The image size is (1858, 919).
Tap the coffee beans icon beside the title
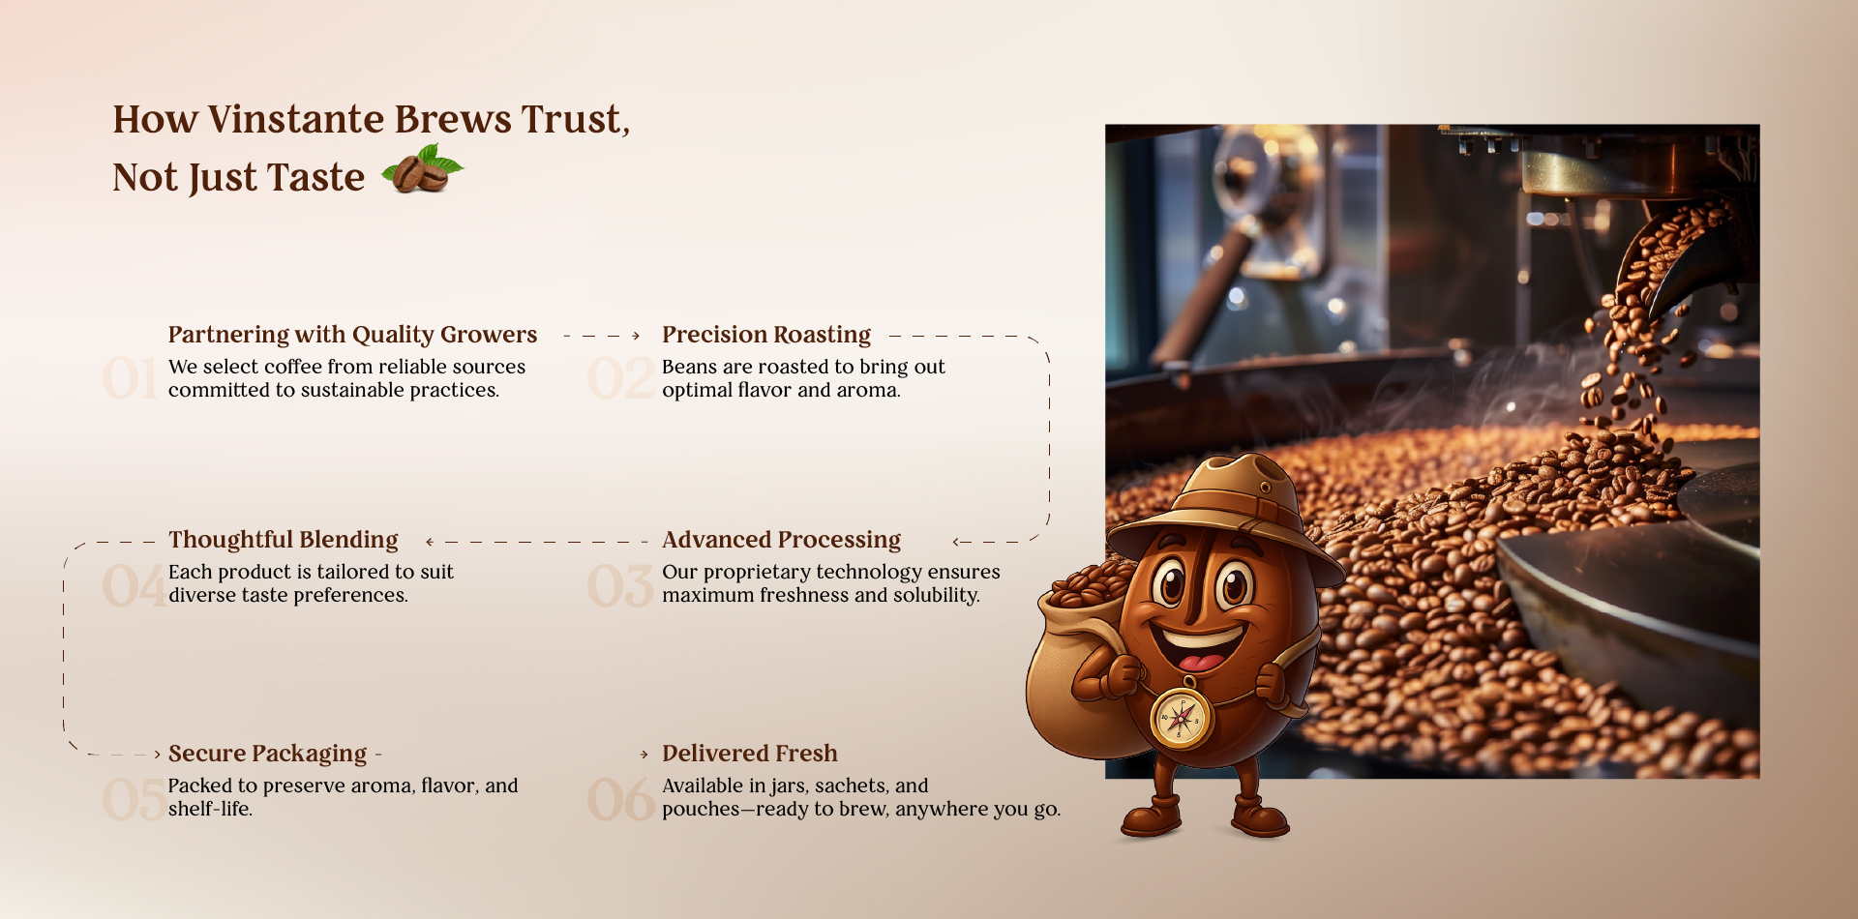(x=422, y=168)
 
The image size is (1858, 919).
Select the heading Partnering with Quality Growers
(x=352, y=335)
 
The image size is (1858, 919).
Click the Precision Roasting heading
(x=766, y=335)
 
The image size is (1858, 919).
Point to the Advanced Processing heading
(x=781, y=540)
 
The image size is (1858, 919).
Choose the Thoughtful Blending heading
(x=284, y=540)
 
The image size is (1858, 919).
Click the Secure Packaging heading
(x=268, y=754)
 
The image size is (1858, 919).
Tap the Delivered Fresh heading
(x=750, y=754)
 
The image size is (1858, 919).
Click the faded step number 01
(x=131, y=378)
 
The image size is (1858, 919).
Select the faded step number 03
(x=620, y=586)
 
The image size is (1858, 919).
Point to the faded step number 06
(x=620, y=800)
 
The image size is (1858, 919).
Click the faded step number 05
(x=134, y=800)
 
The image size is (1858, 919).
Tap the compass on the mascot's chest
(x=1181, y=717)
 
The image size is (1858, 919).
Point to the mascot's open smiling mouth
(x=1199, y=647)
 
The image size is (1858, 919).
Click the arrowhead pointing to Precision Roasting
(x=636, y=336)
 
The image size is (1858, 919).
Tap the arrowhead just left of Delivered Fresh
(x=644, y=755)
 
